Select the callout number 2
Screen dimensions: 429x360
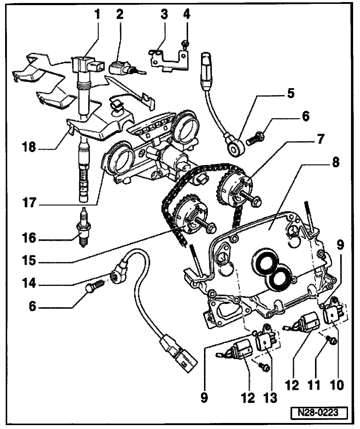[x=120, y=14]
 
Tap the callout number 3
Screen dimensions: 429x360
[x=164, y=14]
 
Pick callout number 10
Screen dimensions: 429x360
[x=337, y=384]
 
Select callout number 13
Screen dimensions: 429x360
[x=270, y=397]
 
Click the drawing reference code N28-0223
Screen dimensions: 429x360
[x=319, y=412]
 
